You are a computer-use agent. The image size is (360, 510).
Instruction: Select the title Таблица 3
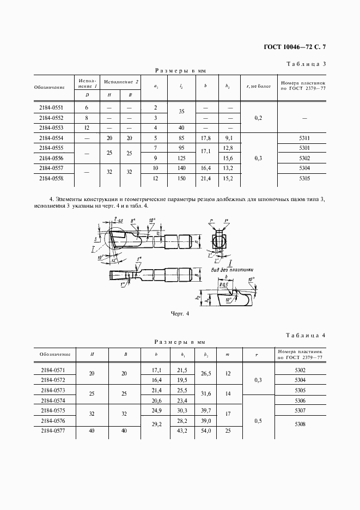click(x=306, y=64)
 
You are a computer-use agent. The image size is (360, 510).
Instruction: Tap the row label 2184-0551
click(x=49, y=108)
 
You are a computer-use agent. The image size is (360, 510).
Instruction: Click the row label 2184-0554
click(x=49, y=138)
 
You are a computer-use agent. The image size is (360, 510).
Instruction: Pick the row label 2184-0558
click(x=49, y=178)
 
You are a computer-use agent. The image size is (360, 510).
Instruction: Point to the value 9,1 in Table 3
click(x=229, y=138)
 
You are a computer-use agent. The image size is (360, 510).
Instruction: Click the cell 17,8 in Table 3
click(x=205, y=138)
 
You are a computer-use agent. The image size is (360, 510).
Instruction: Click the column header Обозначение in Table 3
click(x=49, y=87)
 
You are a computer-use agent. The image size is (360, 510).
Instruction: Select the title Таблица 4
click(x=306, y=336)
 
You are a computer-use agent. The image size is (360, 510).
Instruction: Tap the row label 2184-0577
click(x=52, y=430)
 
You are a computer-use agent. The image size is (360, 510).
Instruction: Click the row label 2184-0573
click(x=52, y=390)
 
